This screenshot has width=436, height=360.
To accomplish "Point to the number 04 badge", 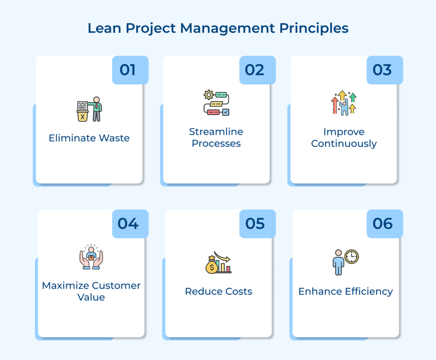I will coord(128,223).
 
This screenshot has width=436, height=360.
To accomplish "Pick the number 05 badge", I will coord(255,223).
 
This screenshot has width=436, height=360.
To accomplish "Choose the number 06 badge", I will coord(382,223).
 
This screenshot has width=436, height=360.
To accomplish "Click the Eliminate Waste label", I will coord(89,138).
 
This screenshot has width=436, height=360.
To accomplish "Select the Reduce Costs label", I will coord(218,291).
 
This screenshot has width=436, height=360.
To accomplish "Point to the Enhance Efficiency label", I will coord(345,291).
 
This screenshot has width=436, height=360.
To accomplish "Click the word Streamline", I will coord(216,132).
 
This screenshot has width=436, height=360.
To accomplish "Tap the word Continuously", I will coord(344,143).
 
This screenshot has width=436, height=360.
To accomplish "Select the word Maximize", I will coord(66,286).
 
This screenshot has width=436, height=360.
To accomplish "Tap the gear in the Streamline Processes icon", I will coord(208,95).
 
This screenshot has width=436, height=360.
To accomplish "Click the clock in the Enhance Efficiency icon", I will coord(351,256).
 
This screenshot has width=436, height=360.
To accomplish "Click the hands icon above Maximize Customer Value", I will coord(91,259).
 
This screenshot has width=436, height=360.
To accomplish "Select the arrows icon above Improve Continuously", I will coord(343,103).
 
